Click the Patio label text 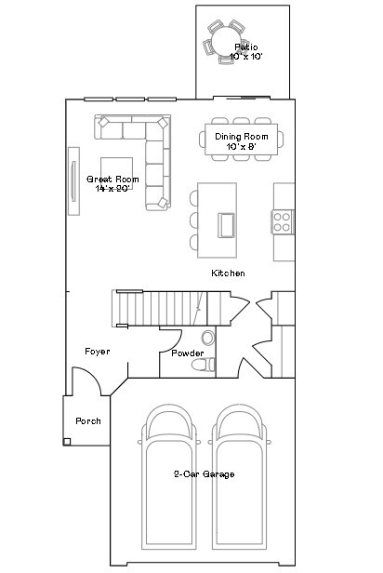click(x=245, y=47)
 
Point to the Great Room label click(x=112, y=179)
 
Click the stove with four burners click(x=283, y=221)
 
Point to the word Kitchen click(x=228, y=273)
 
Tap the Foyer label click(x=97, y=352)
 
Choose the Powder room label click(x=187, y=353)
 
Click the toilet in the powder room click(x=202, y=366)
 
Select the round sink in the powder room click(x=207, y=336)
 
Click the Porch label click(x=88, y=421)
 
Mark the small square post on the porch click(x=67, y=442)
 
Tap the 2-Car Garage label click(x=204, y=474)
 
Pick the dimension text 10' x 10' click(x=246, y=57)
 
